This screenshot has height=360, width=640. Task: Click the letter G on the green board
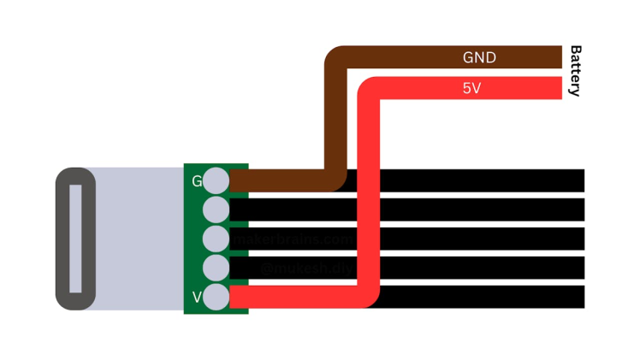pos(197,181)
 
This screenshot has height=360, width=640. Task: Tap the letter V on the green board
pos(197,298)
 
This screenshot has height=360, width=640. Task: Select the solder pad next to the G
pos(216,180)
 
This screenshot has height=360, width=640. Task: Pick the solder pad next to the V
pos(216,297)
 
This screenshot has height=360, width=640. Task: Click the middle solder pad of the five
pos(216,239)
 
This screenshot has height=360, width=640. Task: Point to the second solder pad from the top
pos(216,210)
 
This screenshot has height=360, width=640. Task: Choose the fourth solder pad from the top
pos(216,268)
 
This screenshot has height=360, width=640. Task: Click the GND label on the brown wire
pos(479,57)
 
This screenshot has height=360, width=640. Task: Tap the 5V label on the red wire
pos(471,87)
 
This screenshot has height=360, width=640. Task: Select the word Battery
pos(575,71)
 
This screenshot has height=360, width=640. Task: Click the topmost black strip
pos(479,180)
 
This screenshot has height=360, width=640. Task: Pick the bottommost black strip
pos(479,297)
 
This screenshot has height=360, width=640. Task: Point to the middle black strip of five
pos(479,239)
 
